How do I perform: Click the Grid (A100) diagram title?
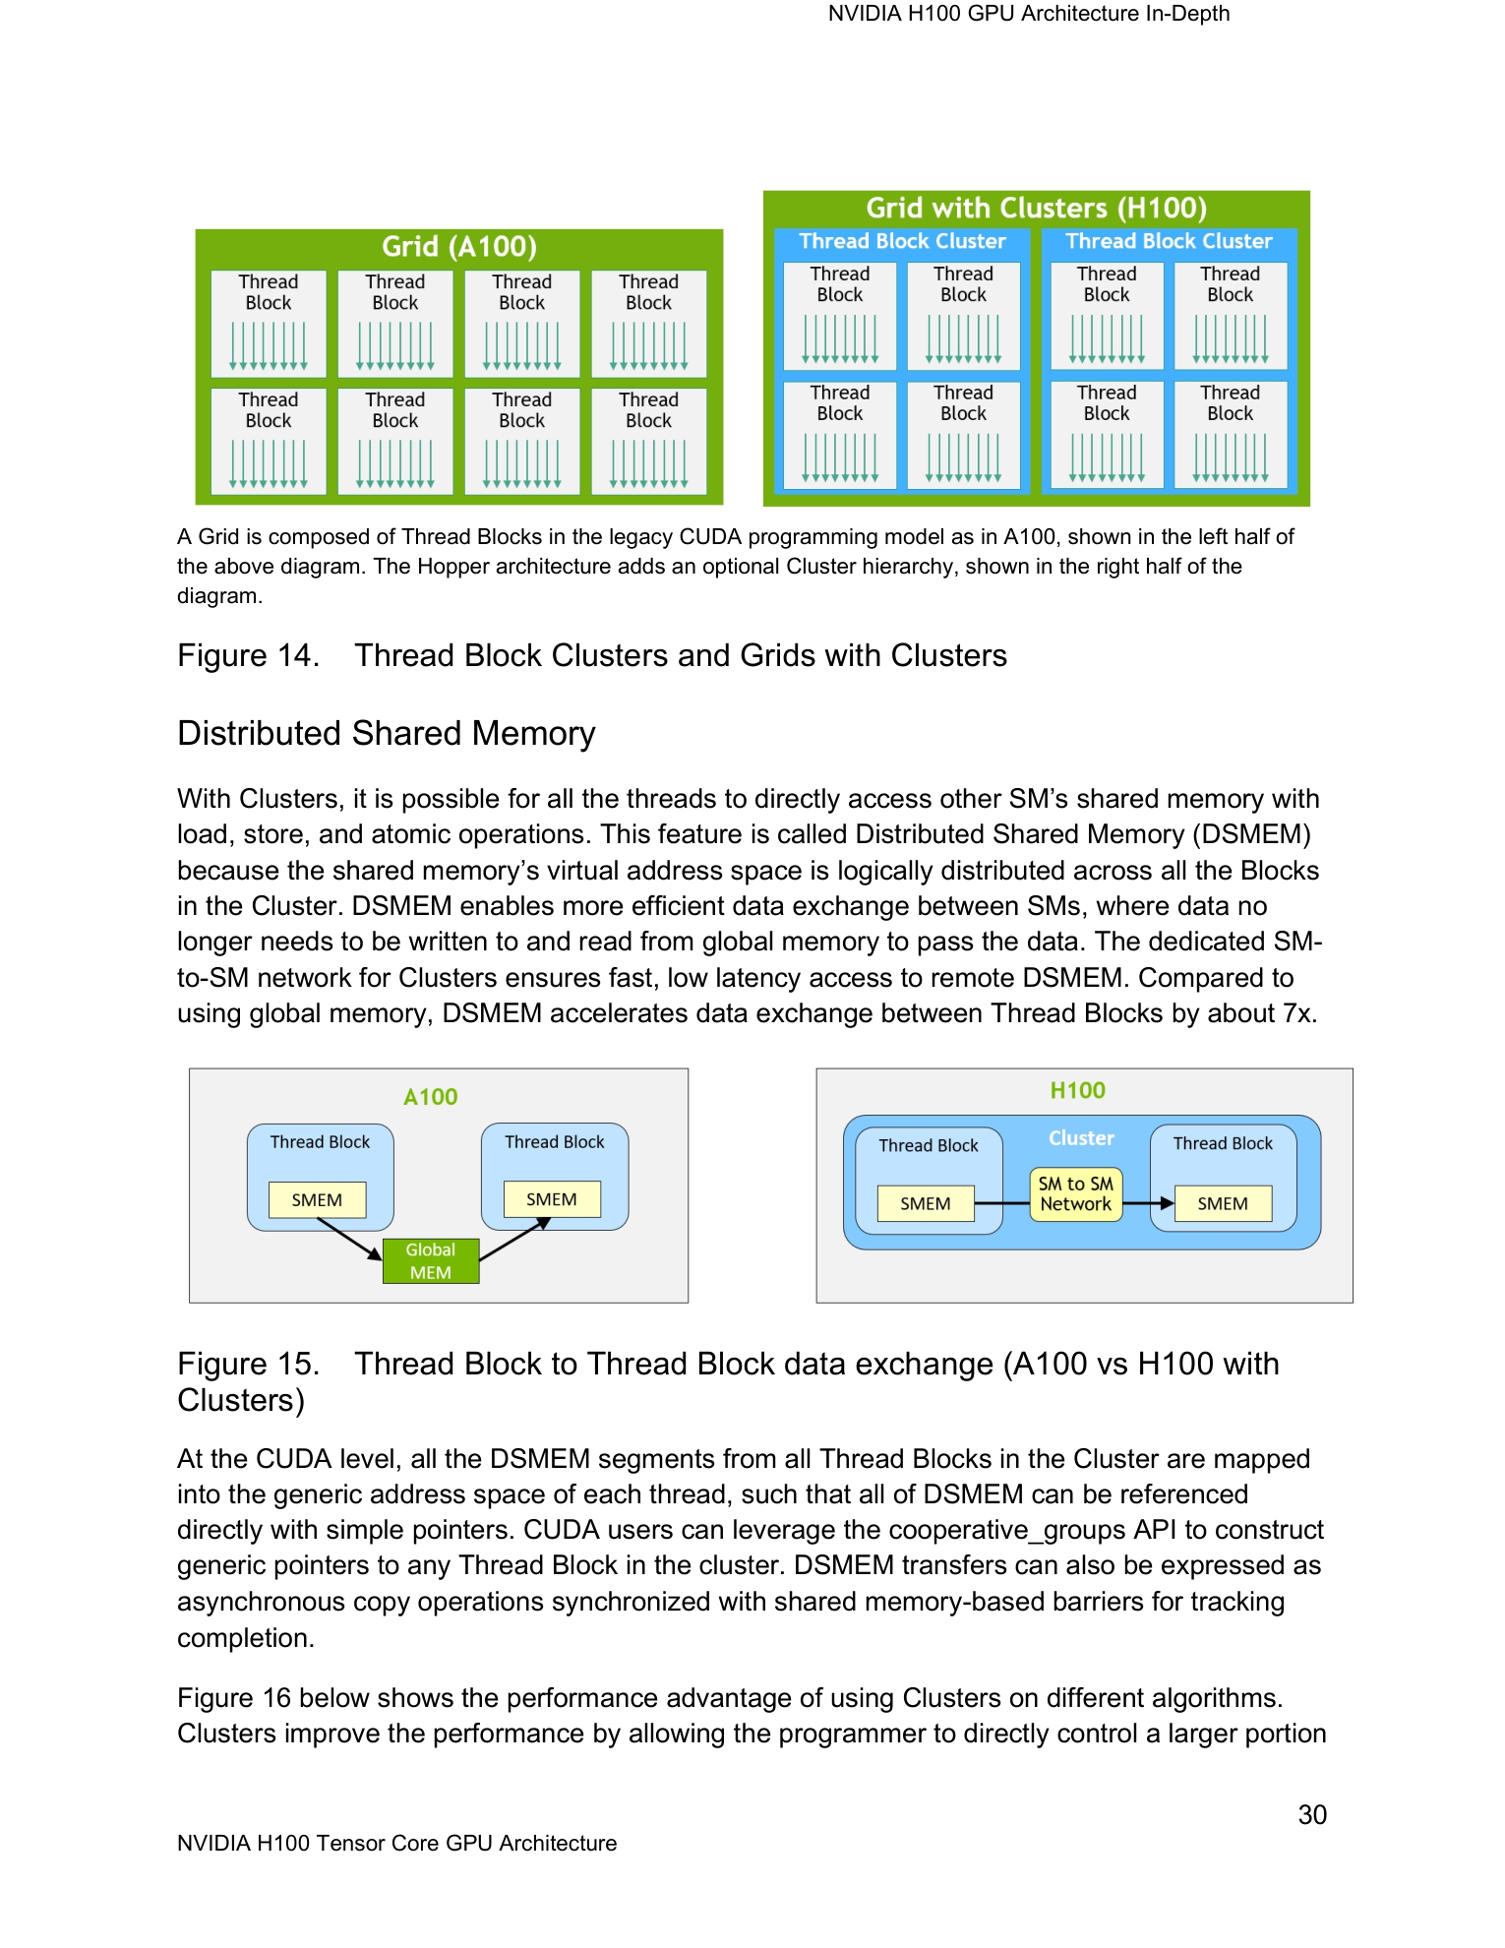459,246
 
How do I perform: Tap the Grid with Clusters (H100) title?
1036,208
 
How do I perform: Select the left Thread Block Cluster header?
902,241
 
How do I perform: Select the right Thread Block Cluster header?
1169,241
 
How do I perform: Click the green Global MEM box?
431,1260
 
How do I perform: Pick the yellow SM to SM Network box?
1076,1194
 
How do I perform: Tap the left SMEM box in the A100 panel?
317,1199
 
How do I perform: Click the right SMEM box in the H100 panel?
1223,1203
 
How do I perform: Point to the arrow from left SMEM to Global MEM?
349,1239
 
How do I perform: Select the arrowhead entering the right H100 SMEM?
1167,1203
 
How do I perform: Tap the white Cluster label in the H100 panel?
1081,1138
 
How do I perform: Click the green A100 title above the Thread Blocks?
431,1097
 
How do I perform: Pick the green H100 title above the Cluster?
1078,1090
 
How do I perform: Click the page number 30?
1312,1815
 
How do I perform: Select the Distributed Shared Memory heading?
387,734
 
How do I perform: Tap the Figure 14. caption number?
248,655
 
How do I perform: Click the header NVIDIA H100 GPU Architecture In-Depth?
1029,14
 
